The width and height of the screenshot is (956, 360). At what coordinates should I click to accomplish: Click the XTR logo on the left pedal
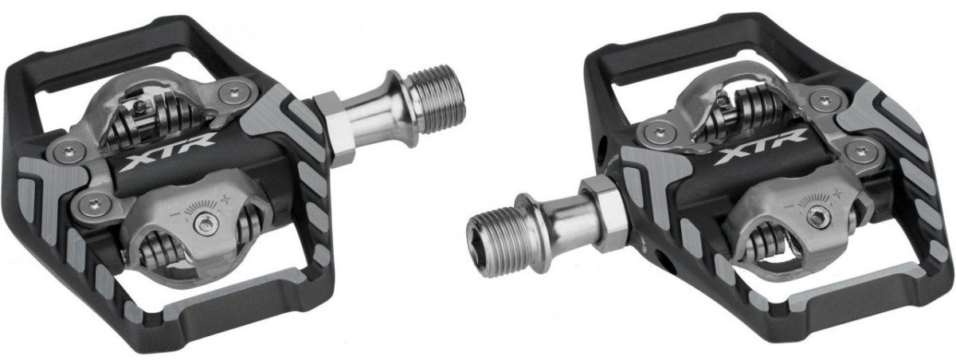[167, 153]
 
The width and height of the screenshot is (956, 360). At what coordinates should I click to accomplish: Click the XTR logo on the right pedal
[761, 147]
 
